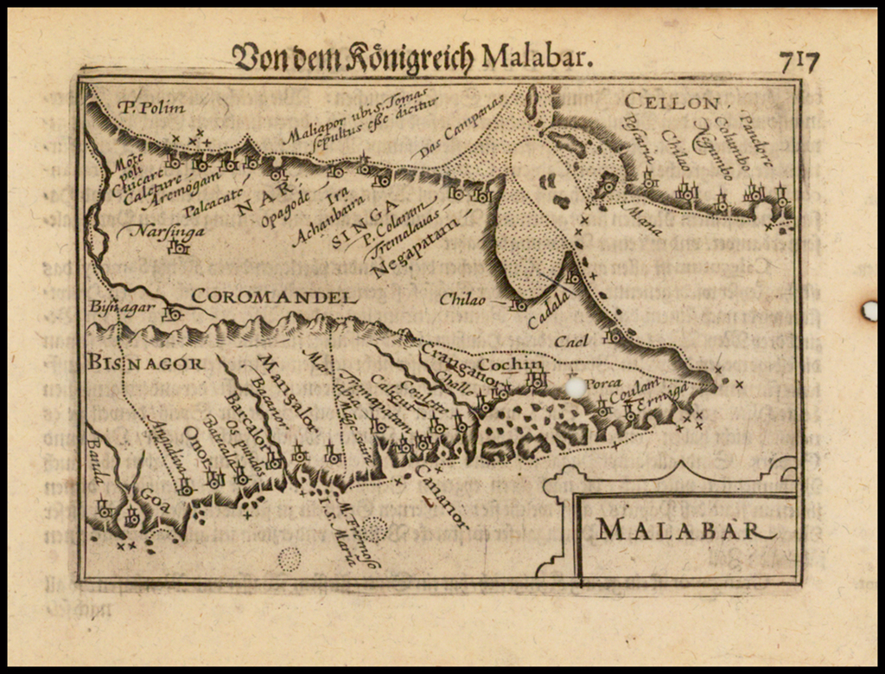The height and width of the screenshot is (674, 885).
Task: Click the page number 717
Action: (x=799, y=60)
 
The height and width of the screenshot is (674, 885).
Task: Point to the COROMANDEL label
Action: (x=274, y=297)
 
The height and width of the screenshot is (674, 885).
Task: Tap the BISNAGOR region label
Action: (x=145, y=363)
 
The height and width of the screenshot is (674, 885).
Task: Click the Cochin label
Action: (x=511, y=364)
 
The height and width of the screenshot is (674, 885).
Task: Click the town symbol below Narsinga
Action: (x=179, y=249)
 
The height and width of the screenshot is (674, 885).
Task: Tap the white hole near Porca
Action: (x=575, y=388)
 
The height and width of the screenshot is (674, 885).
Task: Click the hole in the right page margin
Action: (x=869, y=311)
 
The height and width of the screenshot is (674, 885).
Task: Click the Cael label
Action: (x=571, y=340)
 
